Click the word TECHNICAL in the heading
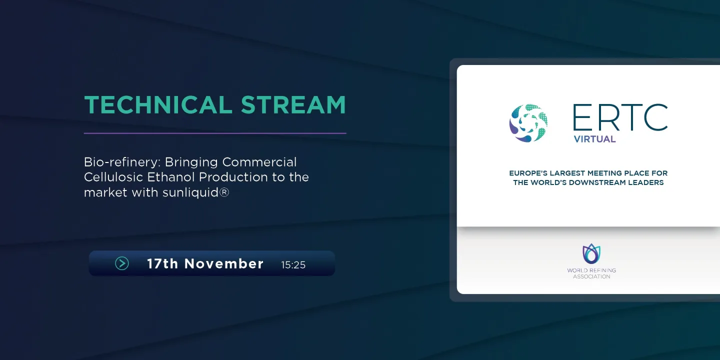[x=158, y=105]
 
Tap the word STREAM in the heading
[x=293, y=105]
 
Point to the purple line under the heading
[x=215, y=133]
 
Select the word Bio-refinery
[x=122, y=162]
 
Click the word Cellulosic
[x=113, y=177]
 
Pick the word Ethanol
[x=170, y=177]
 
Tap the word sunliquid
[x=190, y=192]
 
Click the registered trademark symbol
[x=224, y=192]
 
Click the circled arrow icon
[x=122, y=263]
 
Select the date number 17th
[x=162, y=264]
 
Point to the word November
[x=223, y=264]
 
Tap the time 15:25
[x=293, y=265]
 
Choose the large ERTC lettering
[x=620, y=117]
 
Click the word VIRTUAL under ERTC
[x=594, y=139]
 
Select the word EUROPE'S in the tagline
[x=528, y=173]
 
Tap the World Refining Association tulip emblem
[x=591, y=254]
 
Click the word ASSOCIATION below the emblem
[x=591, y=277]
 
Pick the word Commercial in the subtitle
[x=259, y=162]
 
